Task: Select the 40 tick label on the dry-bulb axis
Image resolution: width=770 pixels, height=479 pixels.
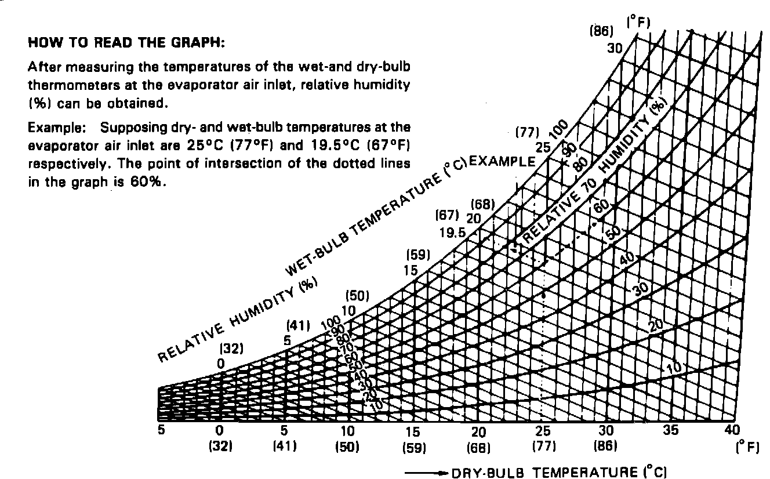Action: tap(732, 431)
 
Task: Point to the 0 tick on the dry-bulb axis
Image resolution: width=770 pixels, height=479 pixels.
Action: tap(219, 431)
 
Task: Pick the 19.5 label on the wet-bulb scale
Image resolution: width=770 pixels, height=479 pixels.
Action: tap(453, 233)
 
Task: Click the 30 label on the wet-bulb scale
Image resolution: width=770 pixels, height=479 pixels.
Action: tap(615, 47)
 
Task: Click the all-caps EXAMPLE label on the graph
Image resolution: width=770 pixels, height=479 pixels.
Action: tap(502, 161)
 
